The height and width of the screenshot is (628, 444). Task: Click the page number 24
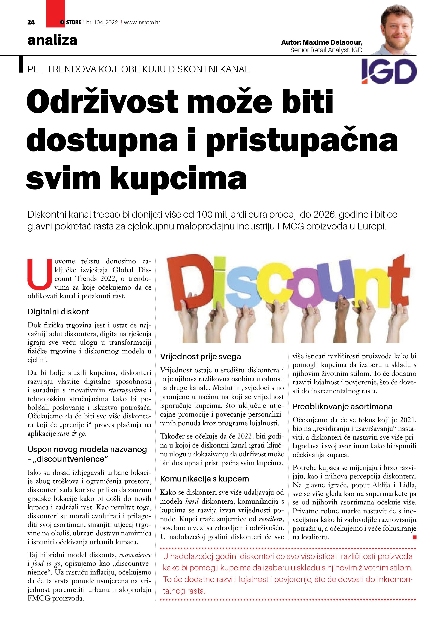point(31,22)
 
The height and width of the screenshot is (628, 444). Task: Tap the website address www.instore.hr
point(142,22)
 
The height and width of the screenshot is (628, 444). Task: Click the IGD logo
point(389,71)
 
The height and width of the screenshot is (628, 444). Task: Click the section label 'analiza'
point(52,40)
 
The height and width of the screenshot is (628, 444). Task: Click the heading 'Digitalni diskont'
point(58,312)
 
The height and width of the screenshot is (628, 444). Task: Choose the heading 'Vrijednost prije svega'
point(200,357)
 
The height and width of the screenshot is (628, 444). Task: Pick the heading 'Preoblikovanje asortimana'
point(342,407)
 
